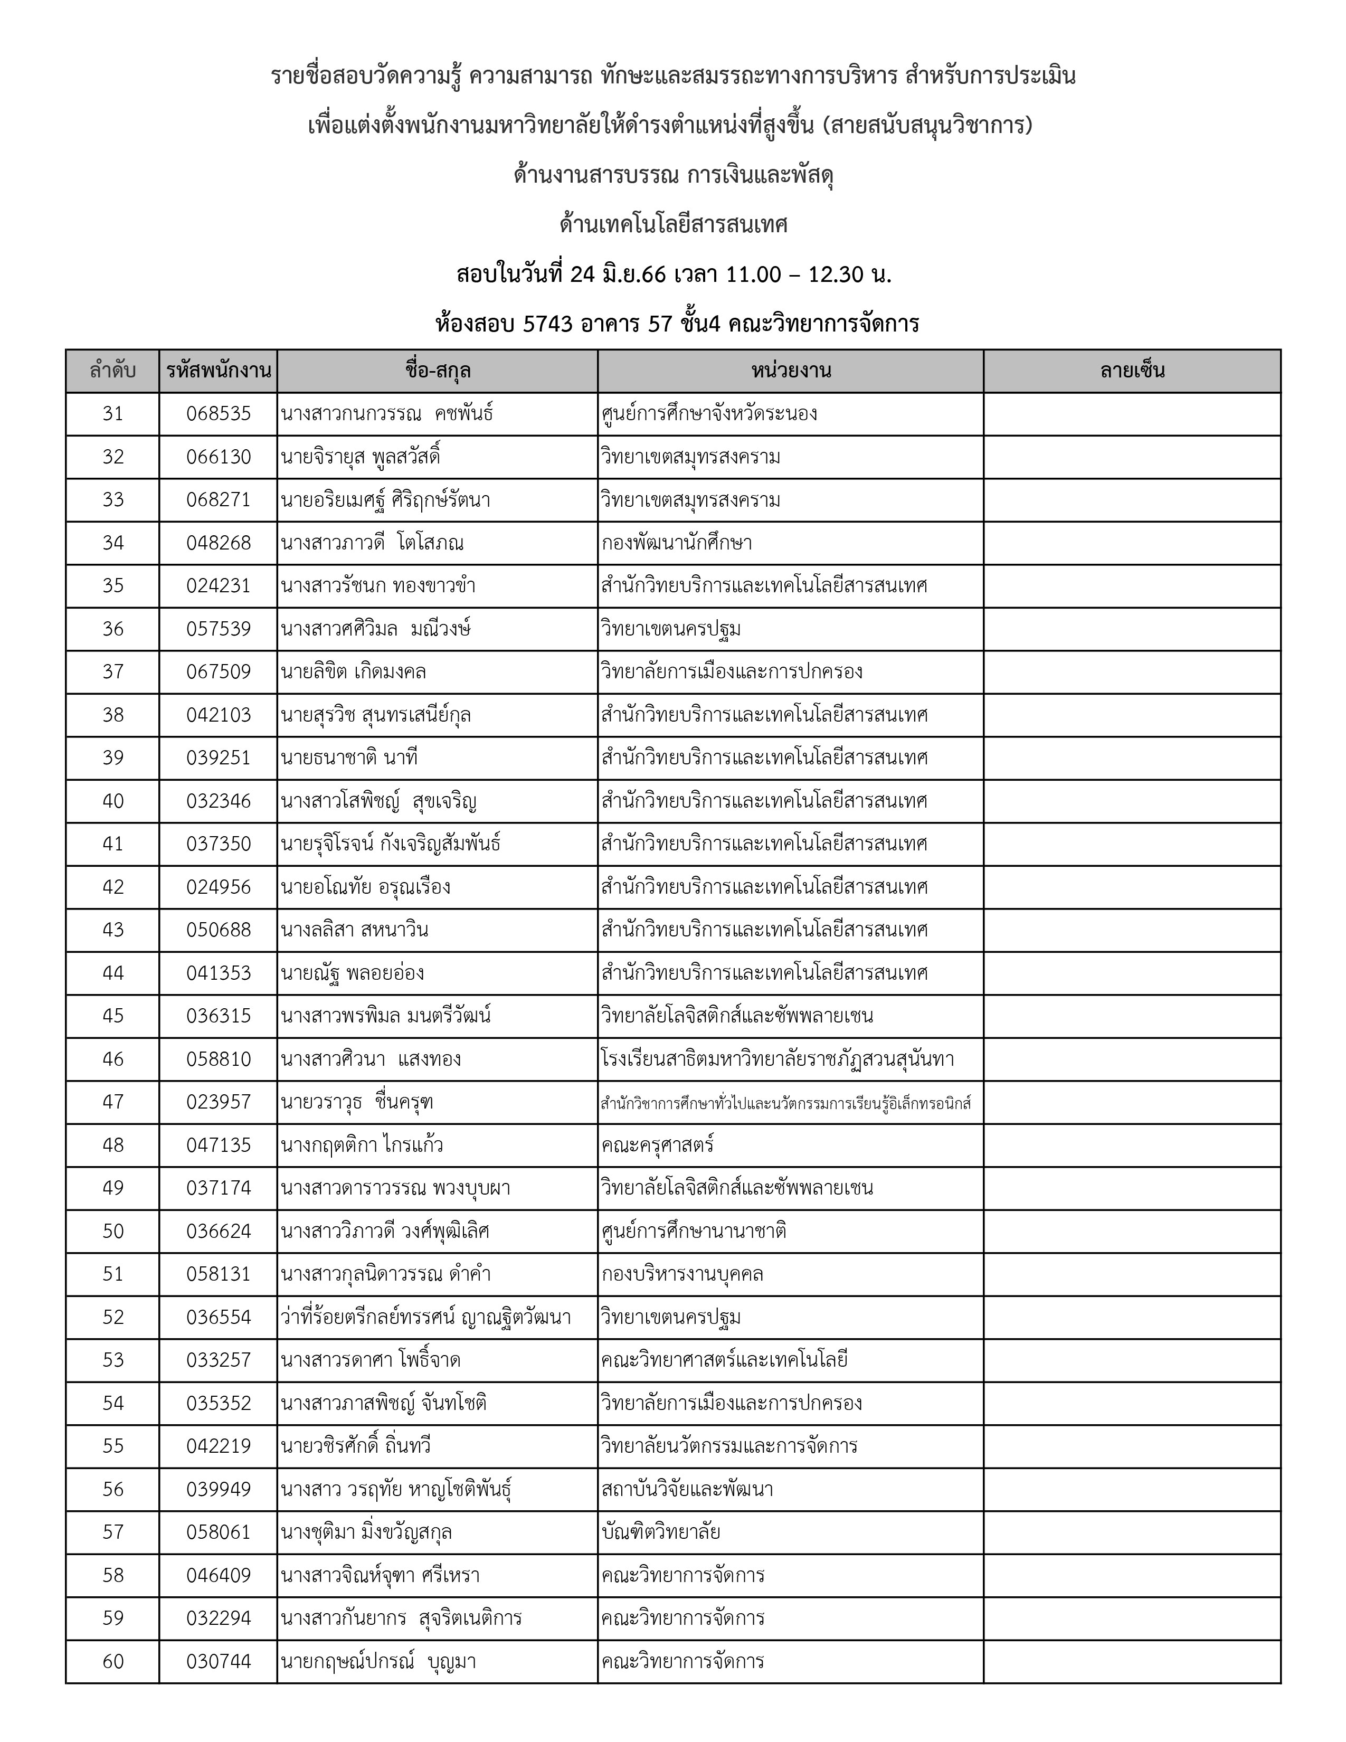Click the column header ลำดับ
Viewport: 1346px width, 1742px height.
coord(112,371)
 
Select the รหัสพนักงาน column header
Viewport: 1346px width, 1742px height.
coord(219,371)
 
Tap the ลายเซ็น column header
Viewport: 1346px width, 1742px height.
coord(1132,371)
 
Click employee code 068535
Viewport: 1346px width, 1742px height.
coord(219,414)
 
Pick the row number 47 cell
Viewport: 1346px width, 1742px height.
coord(112,1102)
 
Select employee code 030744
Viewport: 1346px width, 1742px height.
coord(219,1661)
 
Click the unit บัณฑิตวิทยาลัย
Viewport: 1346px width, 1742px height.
coord(661,1532)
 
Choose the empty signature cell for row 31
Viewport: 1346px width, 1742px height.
coord(1132,414)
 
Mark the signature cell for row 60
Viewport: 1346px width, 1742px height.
coord(1132,1661)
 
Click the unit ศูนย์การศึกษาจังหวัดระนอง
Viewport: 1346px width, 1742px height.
coord(709,414)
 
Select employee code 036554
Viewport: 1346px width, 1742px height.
coord(219,1318)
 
